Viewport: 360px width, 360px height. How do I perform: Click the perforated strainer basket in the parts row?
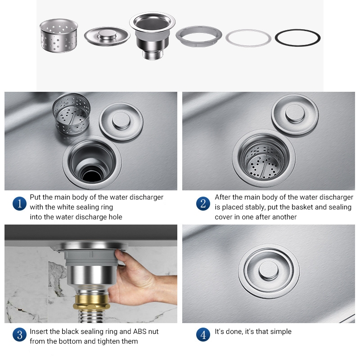59,36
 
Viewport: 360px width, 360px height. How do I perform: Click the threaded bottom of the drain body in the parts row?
153,54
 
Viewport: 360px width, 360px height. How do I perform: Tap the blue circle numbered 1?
19,204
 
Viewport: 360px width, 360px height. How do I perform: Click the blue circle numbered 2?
203,204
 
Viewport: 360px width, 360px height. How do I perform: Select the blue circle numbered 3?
19,334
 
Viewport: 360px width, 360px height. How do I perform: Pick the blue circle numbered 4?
203,334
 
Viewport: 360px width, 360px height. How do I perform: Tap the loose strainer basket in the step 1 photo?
72,114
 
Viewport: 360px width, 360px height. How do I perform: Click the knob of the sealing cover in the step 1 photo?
121,121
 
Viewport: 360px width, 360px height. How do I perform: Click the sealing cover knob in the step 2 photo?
295,114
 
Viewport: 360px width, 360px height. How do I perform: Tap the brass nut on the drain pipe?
91,302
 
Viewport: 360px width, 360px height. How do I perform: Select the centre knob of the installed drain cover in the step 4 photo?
269,270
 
